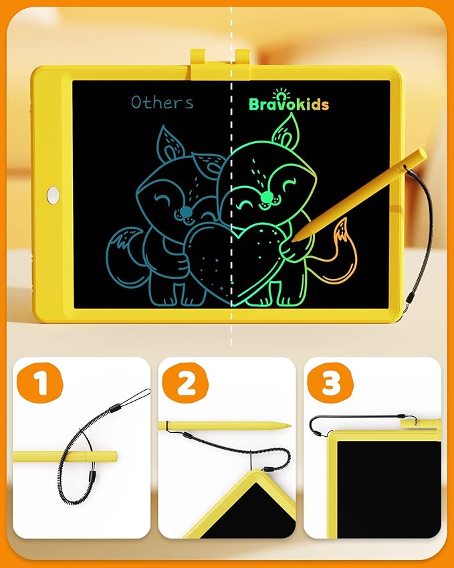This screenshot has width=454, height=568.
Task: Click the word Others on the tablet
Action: pos(162,102)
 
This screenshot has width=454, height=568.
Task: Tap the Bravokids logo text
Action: pos(289,104)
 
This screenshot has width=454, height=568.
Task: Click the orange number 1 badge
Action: pos(38,383)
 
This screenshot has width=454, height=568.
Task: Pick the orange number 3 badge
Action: pos(331,383)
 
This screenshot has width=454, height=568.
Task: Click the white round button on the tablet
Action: pos(53,195)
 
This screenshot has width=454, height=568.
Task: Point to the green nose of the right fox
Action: pos(267,196)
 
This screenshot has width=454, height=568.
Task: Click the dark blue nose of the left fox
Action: pos(184,213)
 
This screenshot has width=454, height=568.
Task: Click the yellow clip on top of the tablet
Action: pos(220,58)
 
